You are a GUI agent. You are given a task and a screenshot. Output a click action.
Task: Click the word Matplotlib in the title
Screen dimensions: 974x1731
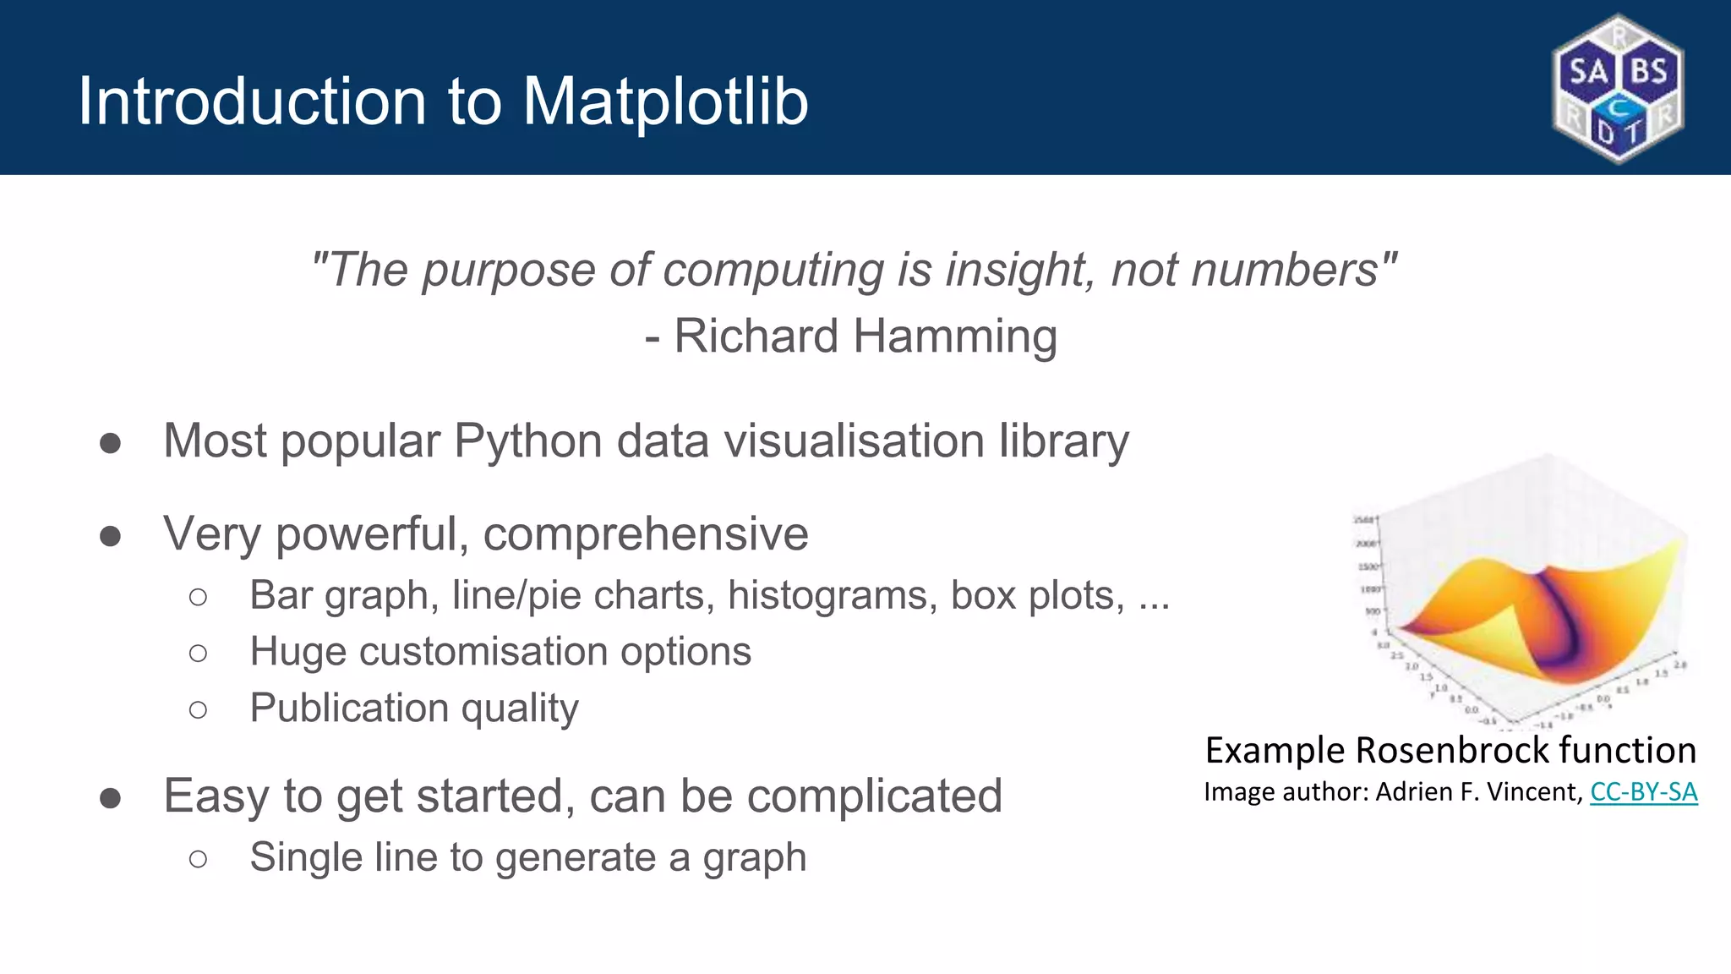click(x=665, y=102)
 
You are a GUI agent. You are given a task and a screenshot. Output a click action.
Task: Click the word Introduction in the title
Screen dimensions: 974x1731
click(x=252, y=102)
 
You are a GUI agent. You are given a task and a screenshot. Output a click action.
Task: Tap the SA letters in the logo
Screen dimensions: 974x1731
click(x=1588, y=71)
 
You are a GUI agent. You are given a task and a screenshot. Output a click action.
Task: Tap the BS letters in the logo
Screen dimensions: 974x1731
click(x=1649, y=71)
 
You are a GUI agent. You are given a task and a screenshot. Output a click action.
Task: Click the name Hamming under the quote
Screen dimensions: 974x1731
click(x=955, y=337)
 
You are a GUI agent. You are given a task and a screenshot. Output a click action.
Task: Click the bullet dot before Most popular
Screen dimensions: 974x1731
click(x=110, y=443)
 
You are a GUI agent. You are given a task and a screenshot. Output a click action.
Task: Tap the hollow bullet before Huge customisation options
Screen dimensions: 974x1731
click(x=199, y=653)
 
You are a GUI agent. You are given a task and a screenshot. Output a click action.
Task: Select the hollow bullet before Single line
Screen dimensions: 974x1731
click(x=199, y=859)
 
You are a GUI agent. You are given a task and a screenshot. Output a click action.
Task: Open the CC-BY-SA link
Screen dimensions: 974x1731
click(x=1643, y=792)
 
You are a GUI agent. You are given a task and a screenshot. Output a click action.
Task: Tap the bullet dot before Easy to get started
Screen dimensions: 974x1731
click(x=110, y=798)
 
